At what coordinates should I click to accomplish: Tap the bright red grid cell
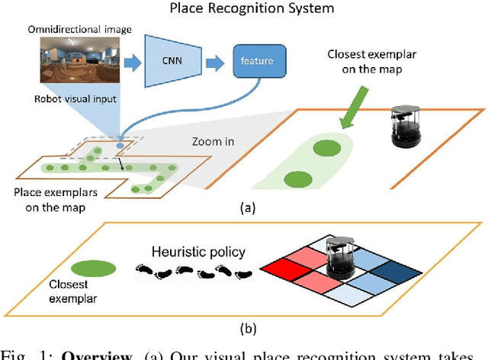coord(283,268)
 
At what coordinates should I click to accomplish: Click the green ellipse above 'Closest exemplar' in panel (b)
coord(93,267)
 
